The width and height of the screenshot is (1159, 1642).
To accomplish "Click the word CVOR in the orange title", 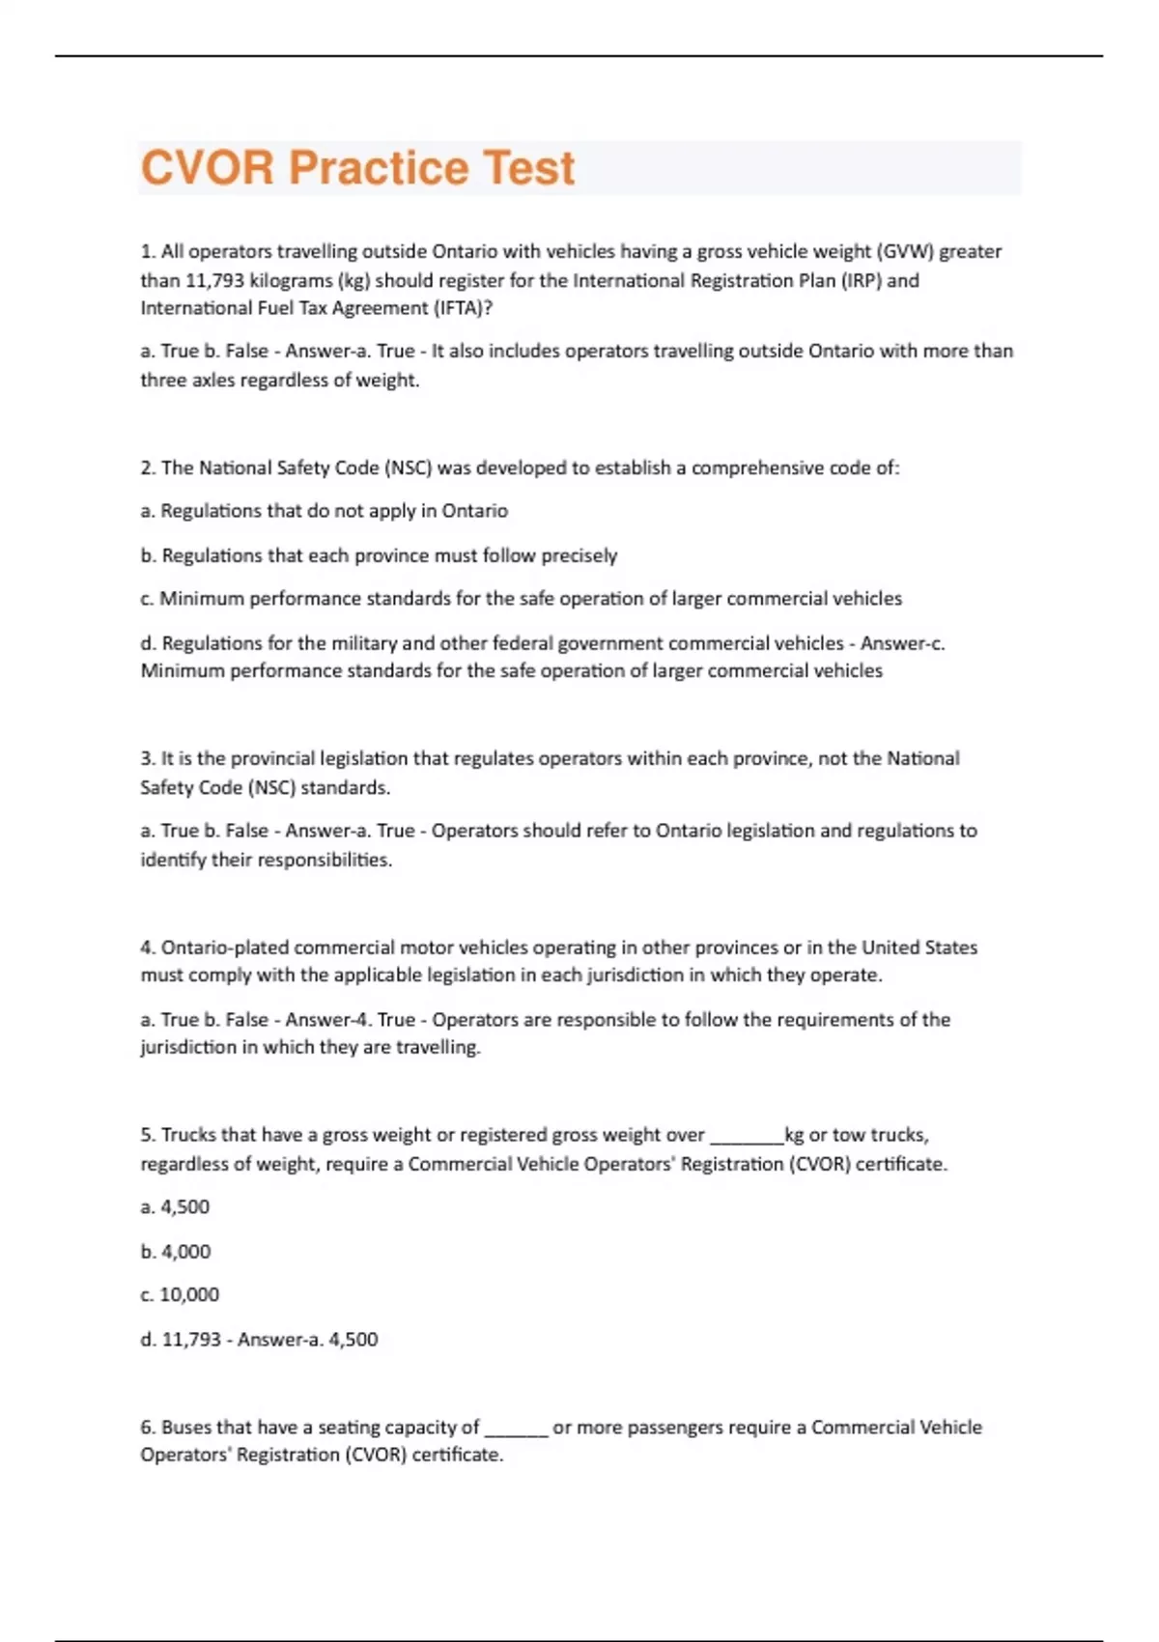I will (x=208, y=168).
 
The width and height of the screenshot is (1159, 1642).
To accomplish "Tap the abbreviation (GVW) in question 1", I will (x=904, y=251).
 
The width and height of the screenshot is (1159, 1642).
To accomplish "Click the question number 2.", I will (x=148, y=467).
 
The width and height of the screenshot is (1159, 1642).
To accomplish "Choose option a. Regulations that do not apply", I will (x=324, y=510).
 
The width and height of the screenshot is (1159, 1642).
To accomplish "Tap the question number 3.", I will (x=148, y=758).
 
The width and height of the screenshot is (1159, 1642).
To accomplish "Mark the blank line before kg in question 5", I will (x=747, y=1136).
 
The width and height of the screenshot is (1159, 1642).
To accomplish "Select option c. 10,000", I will (x=180, y=1294).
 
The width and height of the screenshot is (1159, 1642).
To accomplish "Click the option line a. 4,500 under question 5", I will (x=175, y=1207).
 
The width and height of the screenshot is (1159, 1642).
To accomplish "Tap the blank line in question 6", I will (x=516, y=1428).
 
